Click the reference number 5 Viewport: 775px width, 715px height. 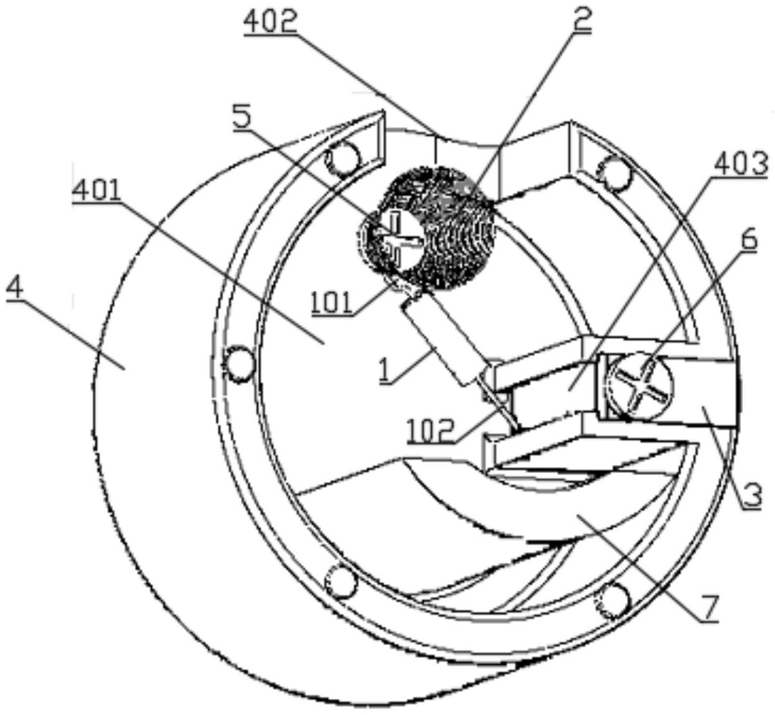pos(243,119)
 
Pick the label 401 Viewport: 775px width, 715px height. pos(96,191)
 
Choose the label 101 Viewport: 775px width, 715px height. pos(332,302)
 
